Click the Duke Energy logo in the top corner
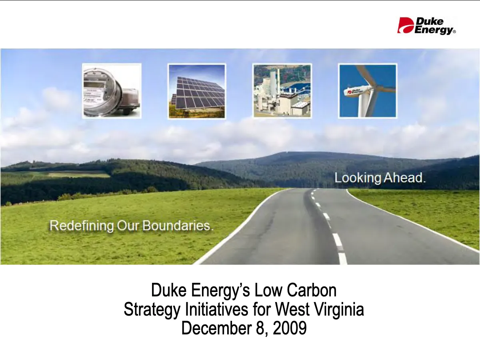pyautogui.click(x=426, y=26)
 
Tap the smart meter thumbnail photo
pyautogui.click(x=112, y=91)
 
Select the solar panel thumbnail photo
pyautogui.click(x=197, y=91)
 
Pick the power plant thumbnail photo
pyautogui.click(x=282, y=91)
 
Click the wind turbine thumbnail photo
pyautogui.click(x=368, y=91)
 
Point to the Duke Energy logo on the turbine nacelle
pyautogui.click(x=352, y=91)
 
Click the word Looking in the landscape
pyautogui.click(x=358, y=178)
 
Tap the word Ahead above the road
pyautogui.click(x=405, y=178)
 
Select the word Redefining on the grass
pyautogui.click(x=82, y=226)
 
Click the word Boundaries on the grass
pyautogui.click(x=178, y=226)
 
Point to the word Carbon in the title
pyautogui.click(x=312, y=290)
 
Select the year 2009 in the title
pyautogui.click(x=290, y=328)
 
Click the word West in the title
pyautogui.click(x=292, y=309)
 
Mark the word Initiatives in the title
pyautogui.click(x=217, y=309)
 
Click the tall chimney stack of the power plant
pyautogui.click(x=273, y=80)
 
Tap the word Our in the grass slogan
pyautogui.click(x=128, y=226)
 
